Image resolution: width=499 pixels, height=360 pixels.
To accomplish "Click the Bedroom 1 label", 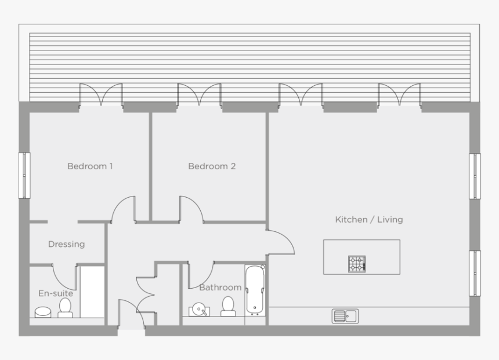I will pos(90,166).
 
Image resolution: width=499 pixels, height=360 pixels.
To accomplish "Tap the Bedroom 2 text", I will pos(212,166).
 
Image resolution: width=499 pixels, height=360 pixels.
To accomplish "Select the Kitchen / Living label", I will pos(369,220).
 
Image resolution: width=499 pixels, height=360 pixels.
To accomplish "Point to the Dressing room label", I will pos(66,244).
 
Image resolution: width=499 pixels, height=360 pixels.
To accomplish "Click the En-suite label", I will pos(56,293).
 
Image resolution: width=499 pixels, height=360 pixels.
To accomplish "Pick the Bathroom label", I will pos(220,288).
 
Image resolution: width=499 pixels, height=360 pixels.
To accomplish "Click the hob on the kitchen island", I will pos(357,264).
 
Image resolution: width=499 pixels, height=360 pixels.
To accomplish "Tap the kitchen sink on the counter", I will pos(345,316).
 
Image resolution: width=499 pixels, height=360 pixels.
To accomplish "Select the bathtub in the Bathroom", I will pos(255,289).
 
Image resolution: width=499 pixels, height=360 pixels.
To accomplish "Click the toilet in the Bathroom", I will pos(228,306).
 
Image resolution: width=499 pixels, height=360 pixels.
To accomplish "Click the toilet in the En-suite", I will pos(65,307).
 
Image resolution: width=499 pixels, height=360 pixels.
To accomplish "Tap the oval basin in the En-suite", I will pos(44,312).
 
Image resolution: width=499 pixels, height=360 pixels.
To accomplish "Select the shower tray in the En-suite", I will pos(92,292).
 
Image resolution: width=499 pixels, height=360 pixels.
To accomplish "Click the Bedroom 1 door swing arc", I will pos(123,209).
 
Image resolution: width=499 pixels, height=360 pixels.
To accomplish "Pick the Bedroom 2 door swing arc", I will pos(192,208).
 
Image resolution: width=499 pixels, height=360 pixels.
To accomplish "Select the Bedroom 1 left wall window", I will pos(24,175).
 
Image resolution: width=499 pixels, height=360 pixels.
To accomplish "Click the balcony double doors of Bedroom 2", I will pos(200,94).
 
